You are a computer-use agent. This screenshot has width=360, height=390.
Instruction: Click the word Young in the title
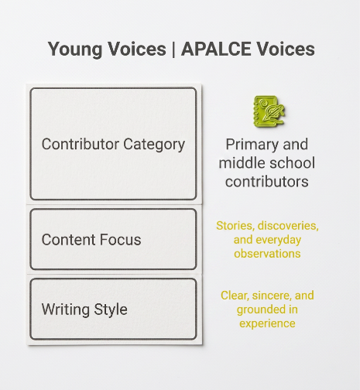point(75,50)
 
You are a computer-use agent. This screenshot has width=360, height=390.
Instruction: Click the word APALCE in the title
point(216,49)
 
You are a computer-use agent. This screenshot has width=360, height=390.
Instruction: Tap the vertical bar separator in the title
point(173,50)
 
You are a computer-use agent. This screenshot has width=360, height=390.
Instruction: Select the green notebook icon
point(269,111)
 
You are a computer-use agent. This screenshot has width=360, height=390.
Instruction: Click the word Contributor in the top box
point(81,144)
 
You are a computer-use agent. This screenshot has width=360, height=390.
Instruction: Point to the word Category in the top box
point(154,145)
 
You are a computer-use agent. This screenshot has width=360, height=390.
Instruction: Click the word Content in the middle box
point(68,240)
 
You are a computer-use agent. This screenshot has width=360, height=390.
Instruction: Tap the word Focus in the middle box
point(120,240)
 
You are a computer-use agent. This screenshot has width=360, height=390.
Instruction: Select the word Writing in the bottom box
point(66,310)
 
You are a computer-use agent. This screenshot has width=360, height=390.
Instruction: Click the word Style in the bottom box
point(111,310)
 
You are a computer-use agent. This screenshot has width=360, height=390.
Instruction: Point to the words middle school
point(267,163)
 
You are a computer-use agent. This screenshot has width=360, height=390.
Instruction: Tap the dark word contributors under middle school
point(267,182)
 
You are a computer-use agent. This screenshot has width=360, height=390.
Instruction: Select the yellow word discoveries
point(288,226)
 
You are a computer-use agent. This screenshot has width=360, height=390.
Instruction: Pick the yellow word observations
point(267,254)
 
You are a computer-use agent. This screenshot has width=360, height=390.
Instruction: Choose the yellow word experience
point(267,324)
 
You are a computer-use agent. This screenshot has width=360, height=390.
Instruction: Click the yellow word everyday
point(279,241)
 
